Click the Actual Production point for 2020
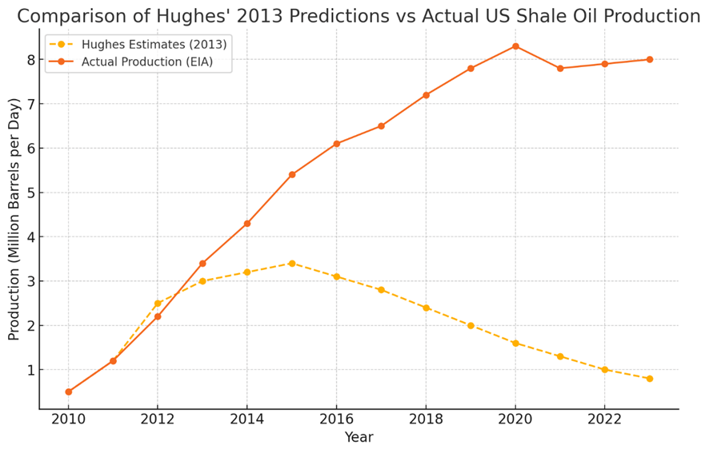click(x=515, y=46)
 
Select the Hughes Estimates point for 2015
click(x=292, y=264)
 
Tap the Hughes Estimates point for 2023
click(x=650, y=379)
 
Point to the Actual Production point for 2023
click(x=650, y=59)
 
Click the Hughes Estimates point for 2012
click(x=158, y=304)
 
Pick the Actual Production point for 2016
click(x=337, y=144)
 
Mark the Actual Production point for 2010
click(x=69, y=391)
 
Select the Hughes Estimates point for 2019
click(x=471, y=325)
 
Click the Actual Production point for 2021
click(x=560, y=69)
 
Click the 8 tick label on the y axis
click(x=30, y=60)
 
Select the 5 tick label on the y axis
click(x=30, y=193)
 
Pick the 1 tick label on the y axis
click(x=30, y=370)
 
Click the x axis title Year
click(x=359, y=438)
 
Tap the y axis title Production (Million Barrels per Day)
click(x=14, y=219)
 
